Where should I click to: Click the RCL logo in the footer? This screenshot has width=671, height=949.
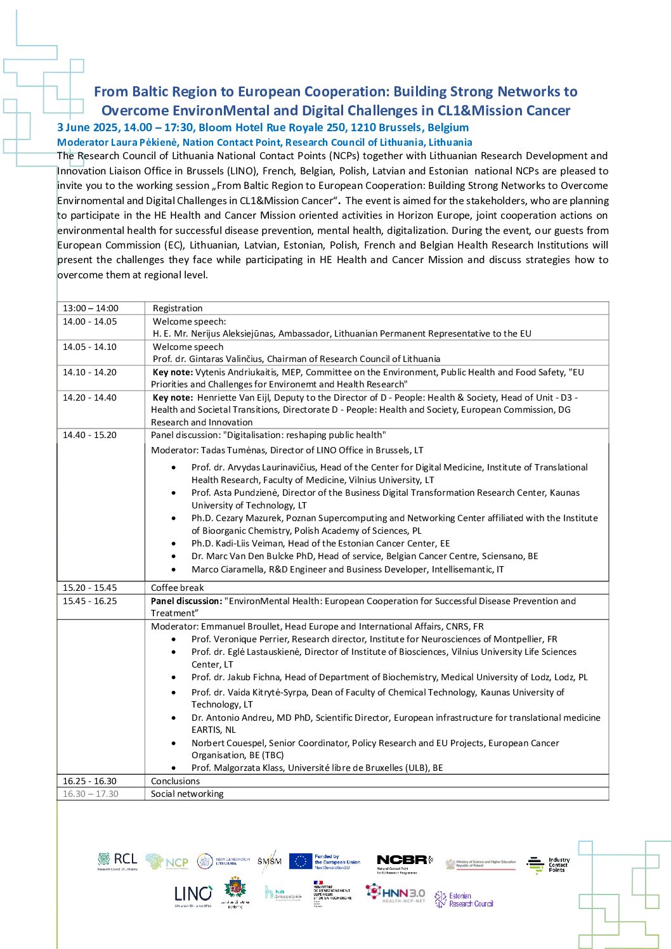click(117, 861)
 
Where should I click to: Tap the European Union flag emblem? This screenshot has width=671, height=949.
click(301, 861)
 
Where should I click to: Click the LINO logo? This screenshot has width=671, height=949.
click(193, 894)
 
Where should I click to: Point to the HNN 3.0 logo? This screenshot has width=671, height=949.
click(395, 893)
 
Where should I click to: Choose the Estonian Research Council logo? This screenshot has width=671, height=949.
click(464, 900)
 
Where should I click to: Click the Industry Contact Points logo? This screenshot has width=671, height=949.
click(549, 865)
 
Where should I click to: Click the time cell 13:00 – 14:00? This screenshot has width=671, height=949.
click(91, 308)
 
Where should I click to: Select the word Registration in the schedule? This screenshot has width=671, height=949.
click(178, 308)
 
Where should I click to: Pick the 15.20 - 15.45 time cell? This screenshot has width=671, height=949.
click(90, 588)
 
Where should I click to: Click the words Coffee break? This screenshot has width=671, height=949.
click(178, 588)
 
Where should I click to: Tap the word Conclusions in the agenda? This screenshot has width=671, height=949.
click(175, 781)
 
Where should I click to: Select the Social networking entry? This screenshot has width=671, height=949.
click(187, 794)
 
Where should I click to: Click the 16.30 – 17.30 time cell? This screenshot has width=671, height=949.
click(91, 794)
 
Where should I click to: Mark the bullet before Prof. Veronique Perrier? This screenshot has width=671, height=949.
click(174, 639)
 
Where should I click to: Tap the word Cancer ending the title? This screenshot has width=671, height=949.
click(549, 111)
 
